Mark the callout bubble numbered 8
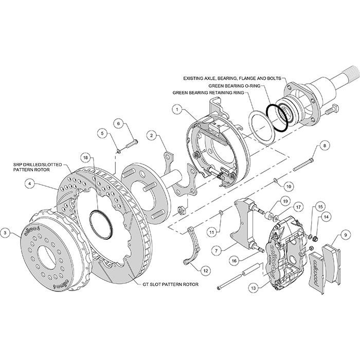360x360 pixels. click(x=324, y=146)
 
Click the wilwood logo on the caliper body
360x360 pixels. click(x=275, y=251)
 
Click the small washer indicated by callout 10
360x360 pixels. click(x=276, y=180)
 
